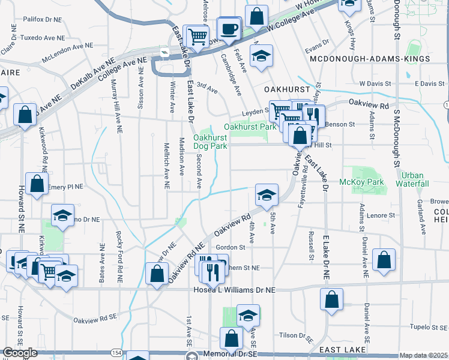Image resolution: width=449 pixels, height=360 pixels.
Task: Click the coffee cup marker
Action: click(229, 28)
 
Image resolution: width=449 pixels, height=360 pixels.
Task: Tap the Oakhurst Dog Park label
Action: click(210, 142)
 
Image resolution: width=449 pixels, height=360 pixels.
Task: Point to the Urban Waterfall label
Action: click(415, 179)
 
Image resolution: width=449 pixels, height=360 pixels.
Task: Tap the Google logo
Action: click(20, 353)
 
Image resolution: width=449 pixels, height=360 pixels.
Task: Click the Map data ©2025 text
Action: click(423, 355)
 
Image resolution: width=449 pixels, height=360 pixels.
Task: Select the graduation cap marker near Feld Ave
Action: click(261, 56)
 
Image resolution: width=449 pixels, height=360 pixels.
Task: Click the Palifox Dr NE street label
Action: click(43, 19)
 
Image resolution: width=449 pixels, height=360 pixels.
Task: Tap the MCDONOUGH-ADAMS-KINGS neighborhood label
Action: click(370, 59)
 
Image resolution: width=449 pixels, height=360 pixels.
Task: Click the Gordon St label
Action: click(231, 247)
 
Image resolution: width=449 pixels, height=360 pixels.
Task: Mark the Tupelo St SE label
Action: click(426, 327)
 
